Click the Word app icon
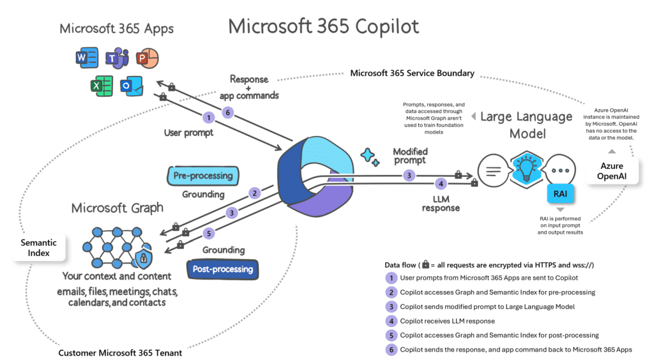[x=86, y=58]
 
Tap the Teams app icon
[x=117, y=58]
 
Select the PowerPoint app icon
[x=148, y=58]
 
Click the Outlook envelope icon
[x=132, y=86]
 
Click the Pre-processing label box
[x=203, y=175]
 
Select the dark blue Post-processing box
[x=223, y=269]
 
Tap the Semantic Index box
[x=39, y=248]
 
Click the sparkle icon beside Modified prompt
[x=369, y=155]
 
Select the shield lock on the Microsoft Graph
[x=142, y=258]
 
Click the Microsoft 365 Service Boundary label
[x=412, y=73]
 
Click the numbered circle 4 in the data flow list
[x=390, y=321]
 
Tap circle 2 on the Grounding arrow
[x=254, y=193]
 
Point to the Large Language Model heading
[x=526, y=124]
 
